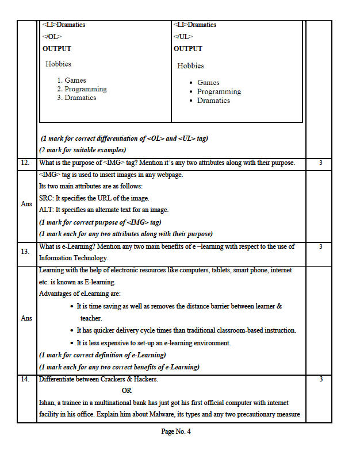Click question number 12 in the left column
pyautogui.click(x=25, y=163)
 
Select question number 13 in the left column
pyautogui.click(x=25, y=252)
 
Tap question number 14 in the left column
pyautogui.click(x=25, y=379)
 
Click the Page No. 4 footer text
pyautogui.click(x=176, y=432)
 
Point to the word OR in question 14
pyautogui.click(x=127, y=391)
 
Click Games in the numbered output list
pyautogui.click(x=75, y=80)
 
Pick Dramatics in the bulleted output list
pyautogui.click(x=213, y=101)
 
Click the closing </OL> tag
pyautogui.click(x=52, y=37)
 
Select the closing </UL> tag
pyautogui.click(x=183, y=37)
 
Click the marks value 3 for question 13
pyautogui.click(x=320, y=247)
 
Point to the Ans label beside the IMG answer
pyautogui.click(x=26, y=204)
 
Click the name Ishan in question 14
pyautogui.click(x=48, y=403)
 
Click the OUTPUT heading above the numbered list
pyautogui.click(x=57, y=49)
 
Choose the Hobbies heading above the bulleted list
pyautogui.click(x=190, y=66)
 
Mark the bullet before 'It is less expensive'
pyautogui.click(x=71, y=344)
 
